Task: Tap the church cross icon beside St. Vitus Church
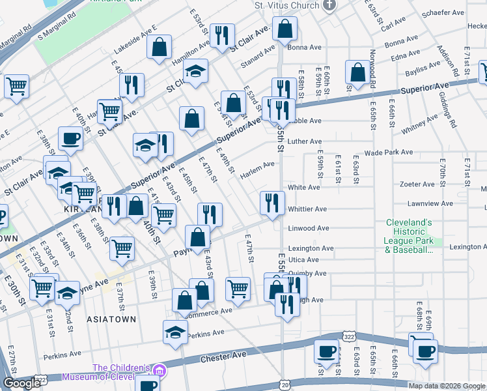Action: pos(329,5)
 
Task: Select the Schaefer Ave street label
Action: pos(443,12)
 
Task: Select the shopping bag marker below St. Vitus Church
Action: pos(285,29)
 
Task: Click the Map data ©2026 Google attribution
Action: pos(446,386)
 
